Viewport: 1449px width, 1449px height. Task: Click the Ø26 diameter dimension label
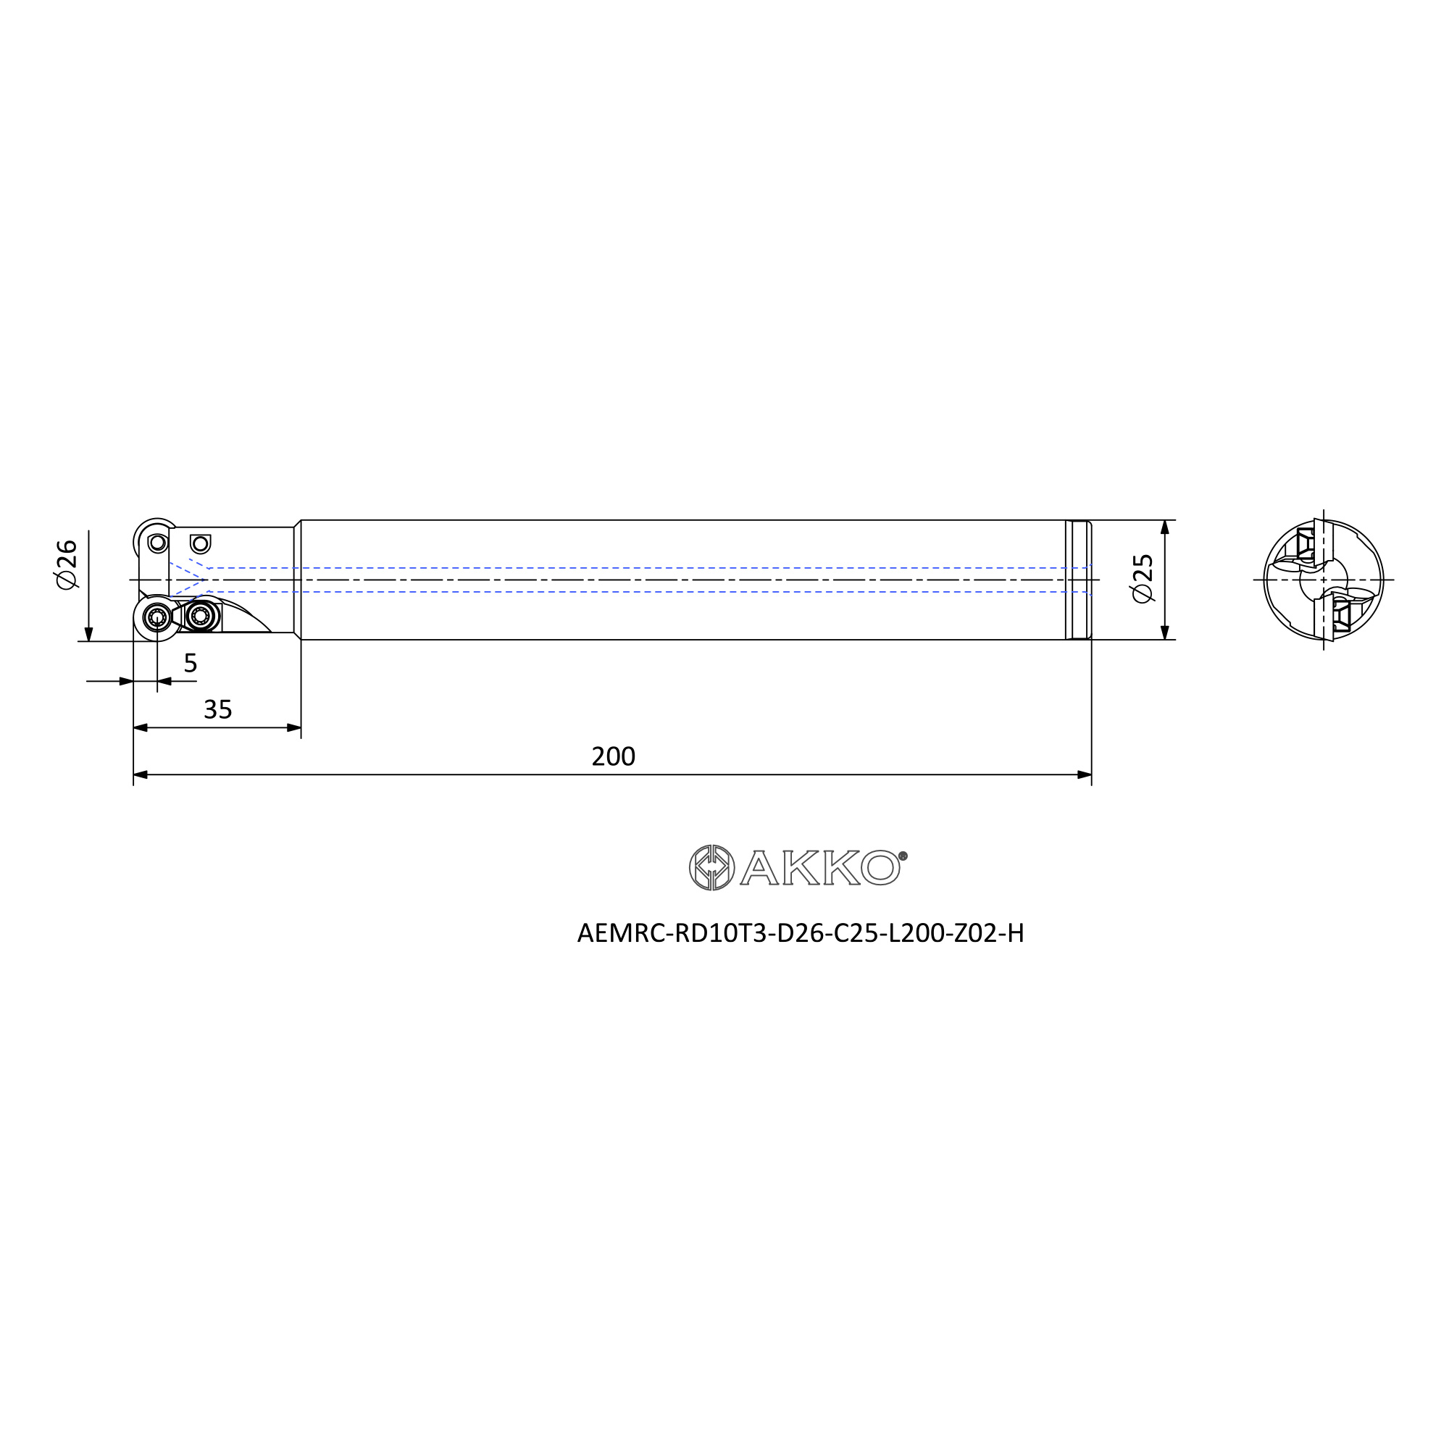pos(67,563)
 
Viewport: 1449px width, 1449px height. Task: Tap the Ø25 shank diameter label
pos(1143,578)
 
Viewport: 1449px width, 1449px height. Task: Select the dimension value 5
pos(191,663)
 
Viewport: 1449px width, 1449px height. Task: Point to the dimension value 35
pos(217,709)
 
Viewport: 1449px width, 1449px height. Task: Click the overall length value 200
pos(613,756)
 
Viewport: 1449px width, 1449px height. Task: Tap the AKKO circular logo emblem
pos(711,868)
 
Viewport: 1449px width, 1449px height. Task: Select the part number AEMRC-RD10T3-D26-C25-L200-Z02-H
pos(801,933)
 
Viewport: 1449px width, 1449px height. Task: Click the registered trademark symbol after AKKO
pos(903,856)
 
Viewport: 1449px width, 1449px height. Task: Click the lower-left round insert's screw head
pos(157,617)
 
